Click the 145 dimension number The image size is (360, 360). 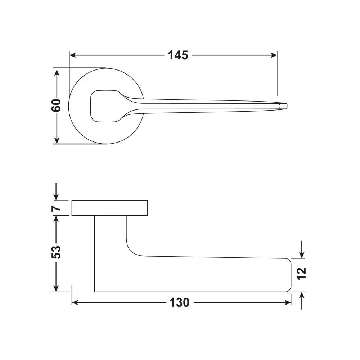point(178,55)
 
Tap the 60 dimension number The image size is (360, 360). point(56,105)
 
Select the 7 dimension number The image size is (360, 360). point(56,208)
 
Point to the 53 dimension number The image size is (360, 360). point(56,252)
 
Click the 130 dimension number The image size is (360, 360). point(179,303)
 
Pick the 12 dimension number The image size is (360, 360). point(301,274)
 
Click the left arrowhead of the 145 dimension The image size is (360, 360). point(73,55)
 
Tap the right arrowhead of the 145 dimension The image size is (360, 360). point(274,55)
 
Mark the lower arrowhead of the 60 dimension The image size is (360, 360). point(57,140)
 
